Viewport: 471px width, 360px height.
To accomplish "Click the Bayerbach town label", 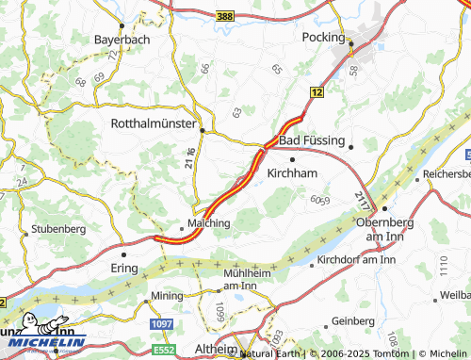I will click(x=121, y=40).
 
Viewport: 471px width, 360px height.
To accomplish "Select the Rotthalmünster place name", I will click(x=153, y=123).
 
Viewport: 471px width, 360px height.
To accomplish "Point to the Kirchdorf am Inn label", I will click(x=355, y=259).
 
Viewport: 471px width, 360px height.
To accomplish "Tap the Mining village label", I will click(x=166, y=296).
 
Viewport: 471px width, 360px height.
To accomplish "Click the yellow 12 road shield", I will click(x=317, y=92).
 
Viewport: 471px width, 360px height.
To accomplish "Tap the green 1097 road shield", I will click(x=161, y=323).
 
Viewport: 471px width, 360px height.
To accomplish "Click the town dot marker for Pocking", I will click(x=351, y=42).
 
